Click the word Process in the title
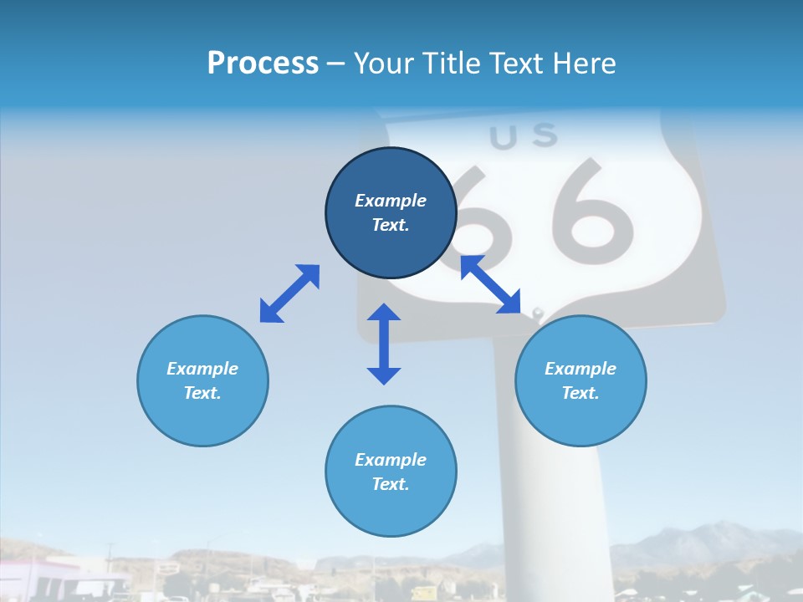pos(263,64)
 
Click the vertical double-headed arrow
pos(384,344)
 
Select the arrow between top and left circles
pos(289,293)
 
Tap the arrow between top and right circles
pos(491,284)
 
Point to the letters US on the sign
pos(523,136)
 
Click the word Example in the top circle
pos(391,201)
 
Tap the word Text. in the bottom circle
pos(391,484)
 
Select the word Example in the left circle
pos(202,369)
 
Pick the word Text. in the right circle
pos(581,393)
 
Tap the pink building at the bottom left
pos(33,577)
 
